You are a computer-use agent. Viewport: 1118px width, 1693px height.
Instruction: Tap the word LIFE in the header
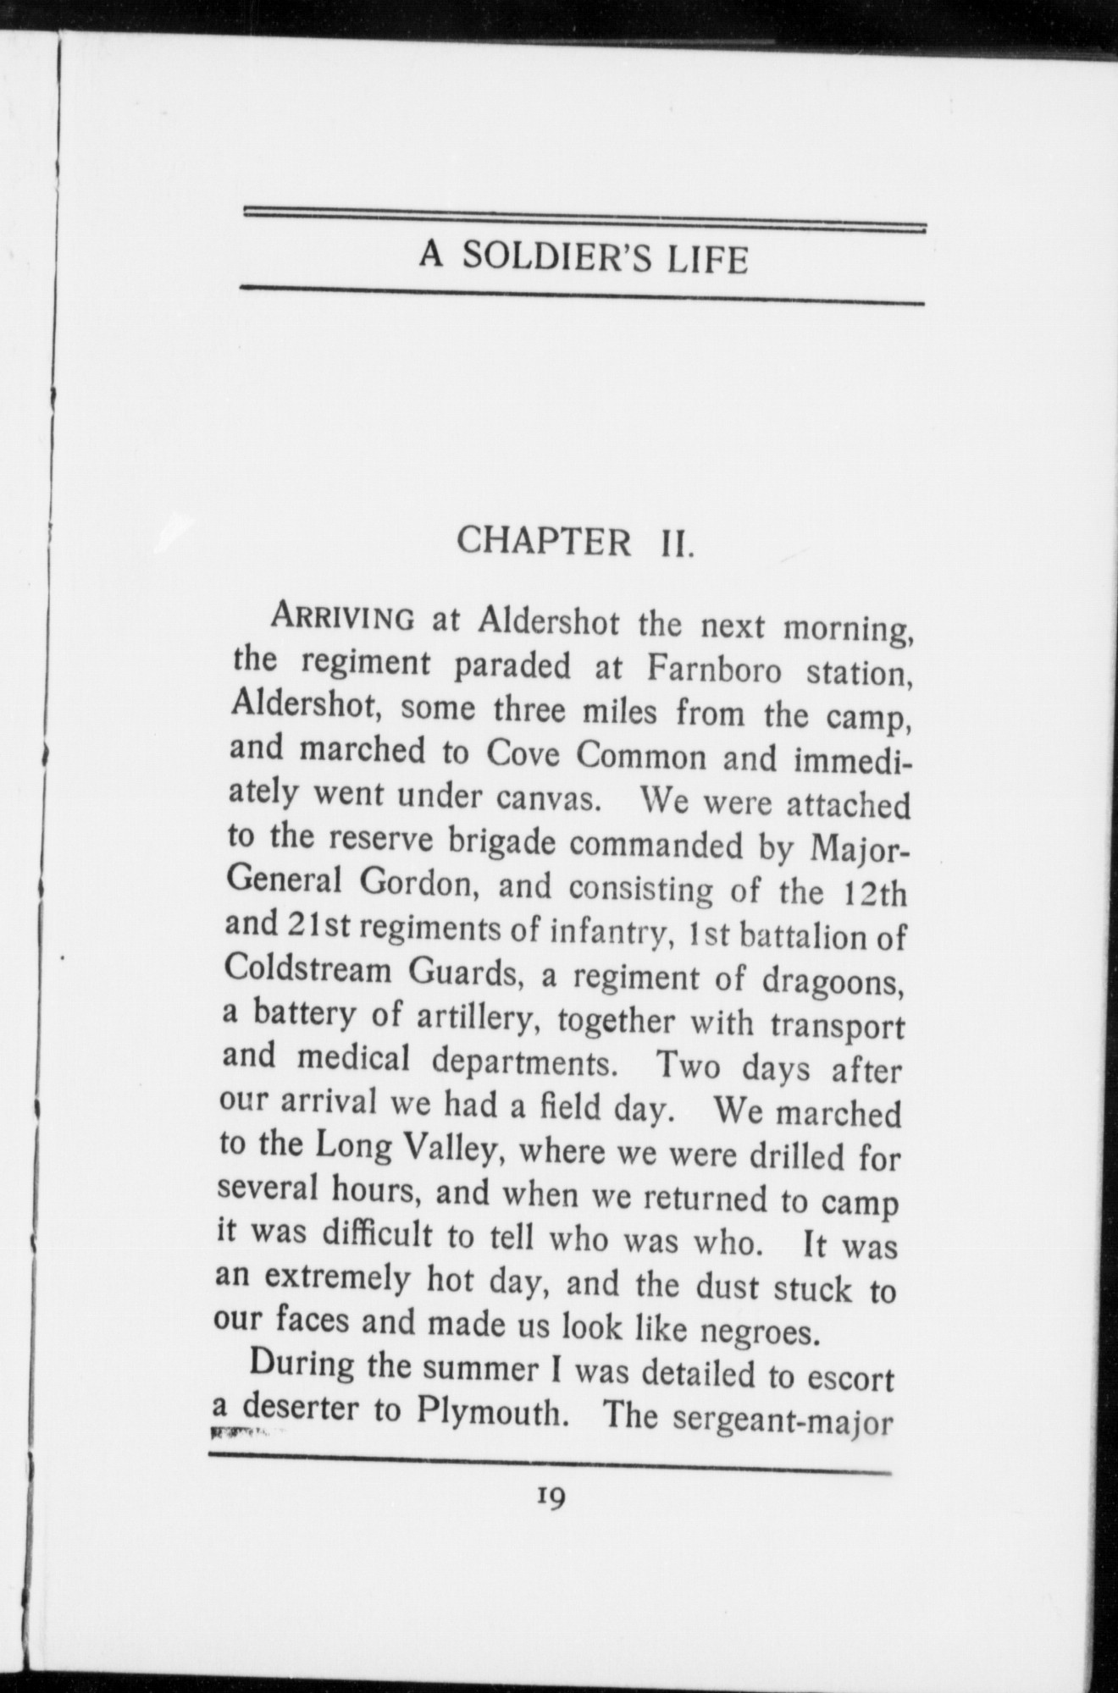coord(707,259)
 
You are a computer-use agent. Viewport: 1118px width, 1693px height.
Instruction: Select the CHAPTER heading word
coord(544,541)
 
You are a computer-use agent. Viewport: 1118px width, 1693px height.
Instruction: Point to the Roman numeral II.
coord(677,543)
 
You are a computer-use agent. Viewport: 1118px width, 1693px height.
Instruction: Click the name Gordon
coord(421,883)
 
